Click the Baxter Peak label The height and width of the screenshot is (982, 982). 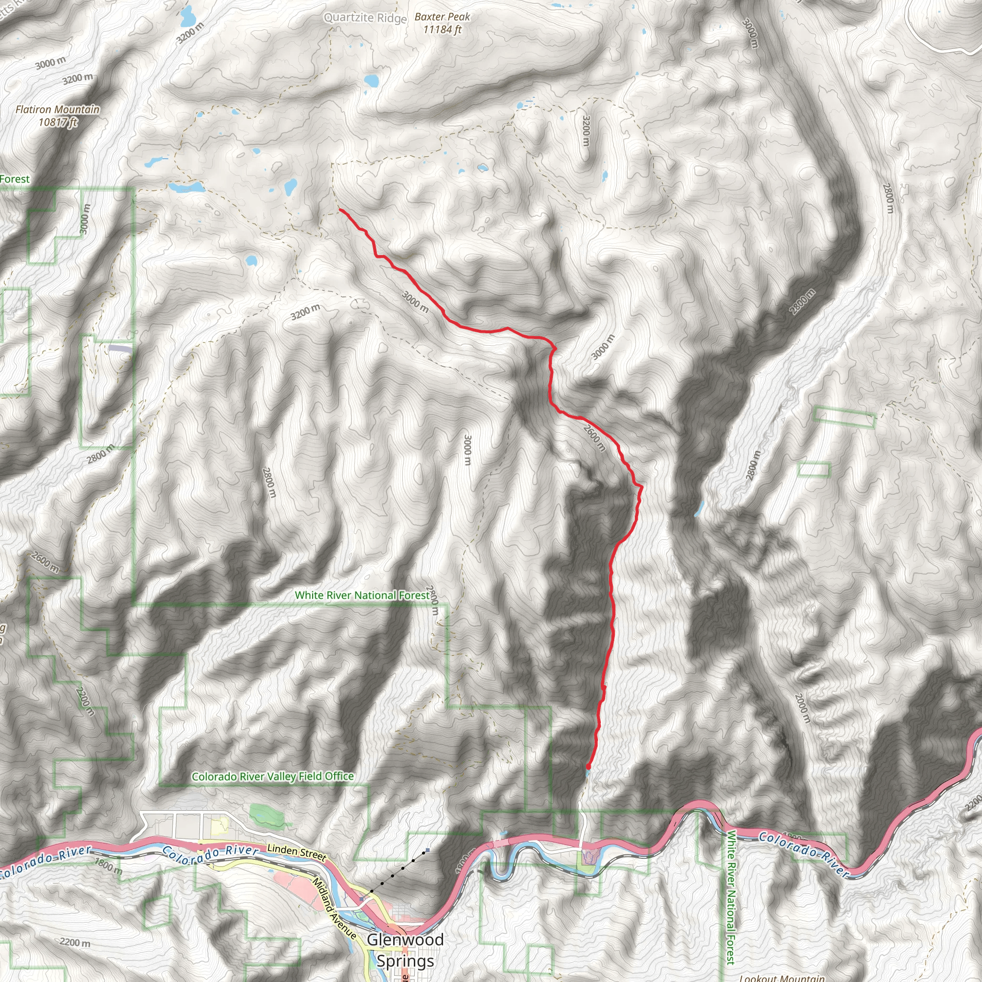click(x=442, y=17)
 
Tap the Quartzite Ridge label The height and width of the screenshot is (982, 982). click(x=365, y=18)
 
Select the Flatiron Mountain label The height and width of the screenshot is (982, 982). click(x=58, y=109)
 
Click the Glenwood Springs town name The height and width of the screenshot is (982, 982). click(x=406, y=950)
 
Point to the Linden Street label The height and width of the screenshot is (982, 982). click(x=296, y=852)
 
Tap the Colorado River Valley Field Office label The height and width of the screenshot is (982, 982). click(x=272, y=777)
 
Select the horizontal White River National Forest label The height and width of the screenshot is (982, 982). click(x=362, y=595)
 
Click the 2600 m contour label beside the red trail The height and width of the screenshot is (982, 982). click(x=594, y=437)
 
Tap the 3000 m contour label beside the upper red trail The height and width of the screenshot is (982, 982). click(x=415, y=302)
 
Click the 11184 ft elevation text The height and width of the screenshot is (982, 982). click(x=442, y=29)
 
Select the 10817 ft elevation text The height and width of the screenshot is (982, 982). click(x=58, y=122)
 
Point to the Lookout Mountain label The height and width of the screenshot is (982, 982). click(x=782, y=977)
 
